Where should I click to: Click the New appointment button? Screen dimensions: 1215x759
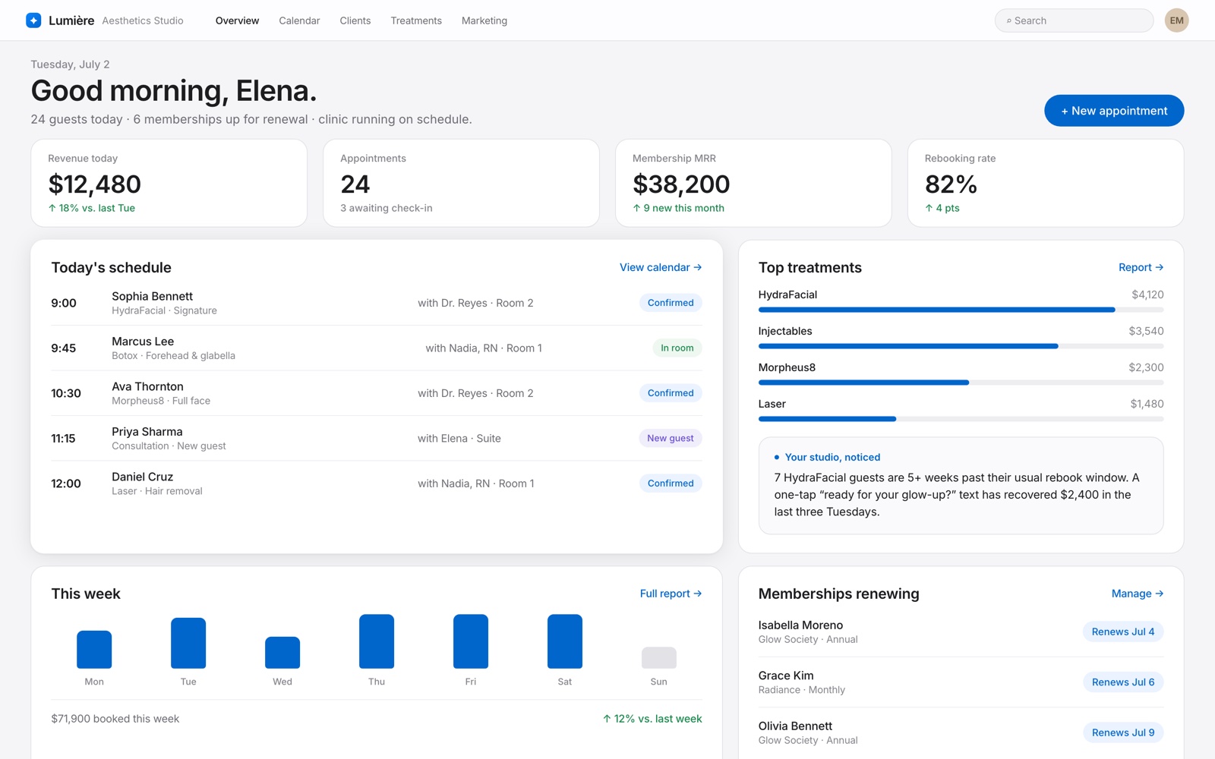pos(1114,111)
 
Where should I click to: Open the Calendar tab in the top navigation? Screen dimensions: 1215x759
pos(299,20)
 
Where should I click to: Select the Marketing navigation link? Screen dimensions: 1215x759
pos(484,20)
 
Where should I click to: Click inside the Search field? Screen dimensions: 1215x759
pos(1074,20)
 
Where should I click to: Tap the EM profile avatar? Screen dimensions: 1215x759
pos(1176,20)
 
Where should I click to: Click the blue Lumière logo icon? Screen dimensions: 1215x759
pos(33,20)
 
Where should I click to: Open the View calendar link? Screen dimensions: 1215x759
pos(661,267)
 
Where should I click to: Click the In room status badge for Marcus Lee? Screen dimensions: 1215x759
pos(677,348)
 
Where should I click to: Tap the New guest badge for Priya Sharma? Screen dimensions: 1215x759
pos(671,438)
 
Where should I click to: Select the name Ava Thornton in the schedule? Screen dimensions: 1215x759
pos(147,386)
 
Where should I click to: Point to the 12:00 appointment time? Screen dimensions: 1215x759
pos(65,483)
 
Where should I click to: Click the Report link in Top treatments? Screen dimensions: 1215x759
pos(1141,267)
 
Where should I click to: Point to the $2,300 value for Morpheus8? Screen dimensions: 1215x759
pos(1146,367)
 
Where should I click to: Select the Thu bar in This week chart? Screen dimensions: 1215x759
pos(377,641)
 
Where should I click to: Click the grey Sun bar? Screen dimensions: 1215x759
pos(659,657)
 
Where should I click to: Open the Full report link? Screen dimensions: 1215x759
pos(671,594)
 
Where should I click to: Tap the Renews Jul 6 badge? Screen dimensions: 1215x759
pos(1123,682)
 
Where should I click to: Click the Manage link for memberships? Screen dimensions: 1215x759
pos(1138,594)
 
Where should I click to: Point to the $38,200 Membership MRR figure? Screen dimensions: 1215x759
pos(681,184)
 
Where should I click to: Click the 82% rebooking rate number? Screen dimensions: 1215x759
pos(951,184)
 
